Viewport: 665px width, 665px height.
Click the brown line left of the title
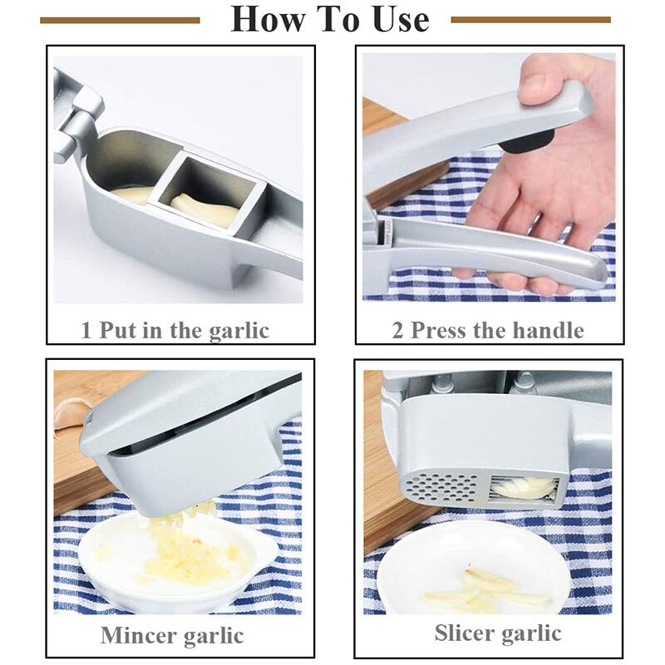(120, 19)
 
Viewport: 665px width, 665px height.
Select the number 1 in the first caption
(86, 330)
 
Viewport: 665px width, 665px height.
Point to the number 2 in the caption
(398, 330)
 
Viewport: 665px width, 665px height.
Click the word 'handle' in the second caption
(544, 330)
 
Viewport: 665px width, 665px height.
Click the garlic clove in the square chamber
(204, 209)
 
